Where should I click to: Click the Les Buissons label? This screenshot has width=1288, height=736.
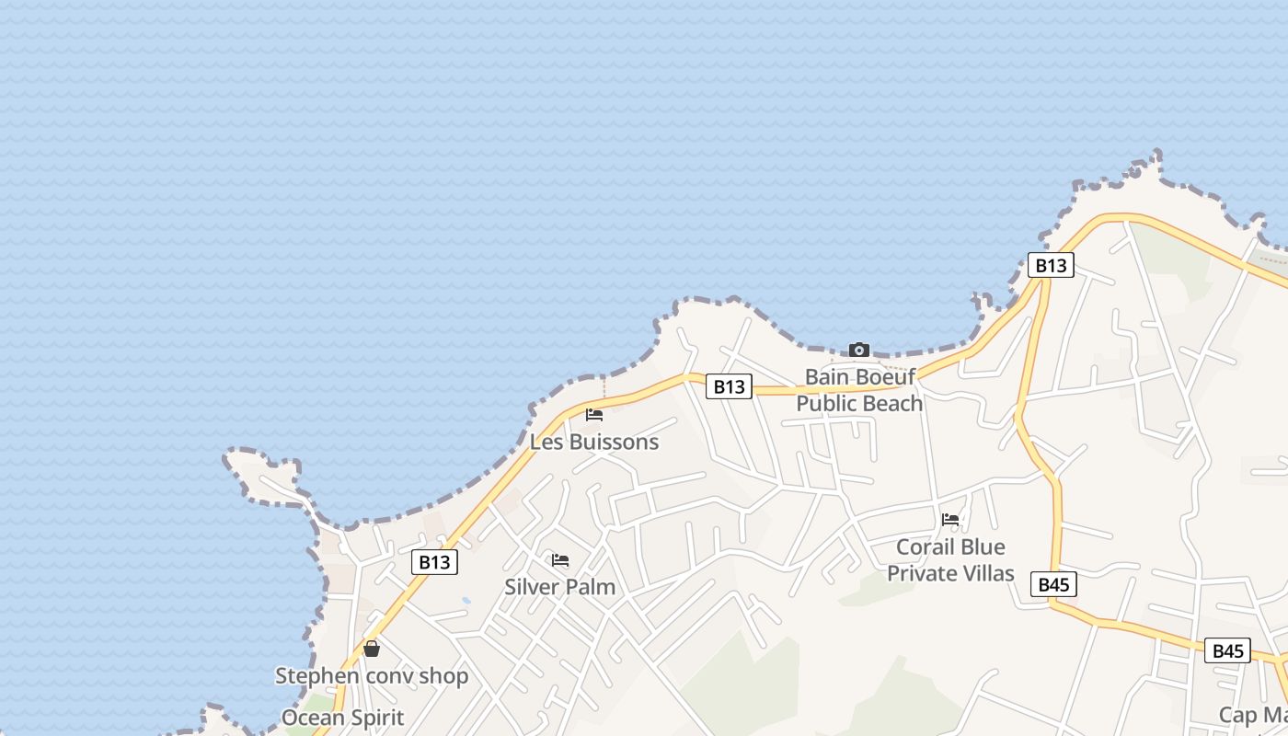594,442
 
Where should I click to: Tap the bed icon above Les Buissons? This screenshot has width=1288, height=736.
594,415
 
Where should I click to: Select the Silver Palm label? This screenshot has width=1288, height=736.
559,587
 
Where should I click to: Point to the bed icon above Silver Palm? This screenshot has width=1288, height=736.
559,560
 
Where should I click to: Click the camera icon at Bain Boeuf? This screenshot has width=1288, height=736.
858,350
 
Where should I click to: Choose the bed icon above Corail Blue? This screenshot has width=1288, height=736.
950,520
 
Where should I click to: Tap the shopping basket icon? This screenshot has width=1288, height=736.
372,650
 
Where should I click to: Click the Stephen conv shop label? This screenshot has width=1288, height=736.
372,676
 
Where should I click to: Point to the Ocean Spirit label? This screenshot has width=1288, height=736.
342,718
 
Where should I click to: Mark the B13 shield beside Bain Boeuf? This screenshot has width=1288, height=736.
729,386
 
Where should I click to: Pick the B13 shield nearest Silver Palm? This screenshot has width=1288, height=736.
434,562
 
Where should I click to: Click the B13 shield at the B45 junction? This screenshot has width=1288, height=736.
1051,266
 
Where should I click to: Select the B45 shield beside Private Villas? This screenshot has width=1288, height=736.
1053,584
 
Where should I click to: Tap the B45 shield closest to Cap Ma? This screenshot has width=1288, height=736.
1227,651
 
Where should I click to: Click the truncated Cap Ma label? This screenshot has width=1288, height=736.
1252,715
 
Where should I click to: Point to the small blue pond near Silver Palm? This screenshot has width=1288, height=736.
466,601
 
